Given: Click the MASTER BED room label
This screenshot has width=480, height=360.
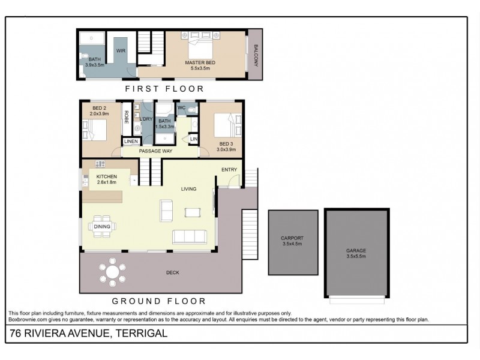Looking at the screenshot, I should coord(200,62).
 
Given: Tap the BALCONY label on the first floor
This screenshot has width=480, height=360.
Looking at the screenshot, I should coord(256,55).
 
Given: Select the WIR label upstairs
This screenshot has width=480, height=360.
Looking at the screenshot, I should coord(120,50).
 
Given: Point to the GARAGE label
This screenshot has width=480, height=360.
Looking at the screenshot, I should coord(356,250).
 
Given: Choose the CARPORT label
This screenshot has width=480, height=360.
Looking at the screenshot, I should coord(292,238).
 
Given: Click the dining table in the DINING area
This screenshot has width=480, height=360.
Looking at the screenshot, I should coord(102,226).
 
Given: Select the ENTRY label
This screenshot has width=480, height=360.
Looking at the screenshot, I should coord(229,170).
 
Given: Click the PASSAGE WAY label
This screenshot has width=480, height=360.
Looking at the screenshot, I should coord(155,151).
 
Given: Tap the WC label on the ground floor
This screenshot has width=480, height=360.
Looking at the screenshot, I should coord(181,108).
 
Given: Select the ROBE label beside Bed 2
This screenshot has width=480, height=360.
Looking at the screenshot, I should coord(126,117).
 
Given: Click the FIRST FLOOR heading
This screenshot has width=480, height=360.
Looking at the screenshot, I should coord(164,89).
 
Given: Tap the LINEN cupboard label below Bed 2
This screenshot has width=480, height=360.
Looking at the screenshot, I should coord(131,142).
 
